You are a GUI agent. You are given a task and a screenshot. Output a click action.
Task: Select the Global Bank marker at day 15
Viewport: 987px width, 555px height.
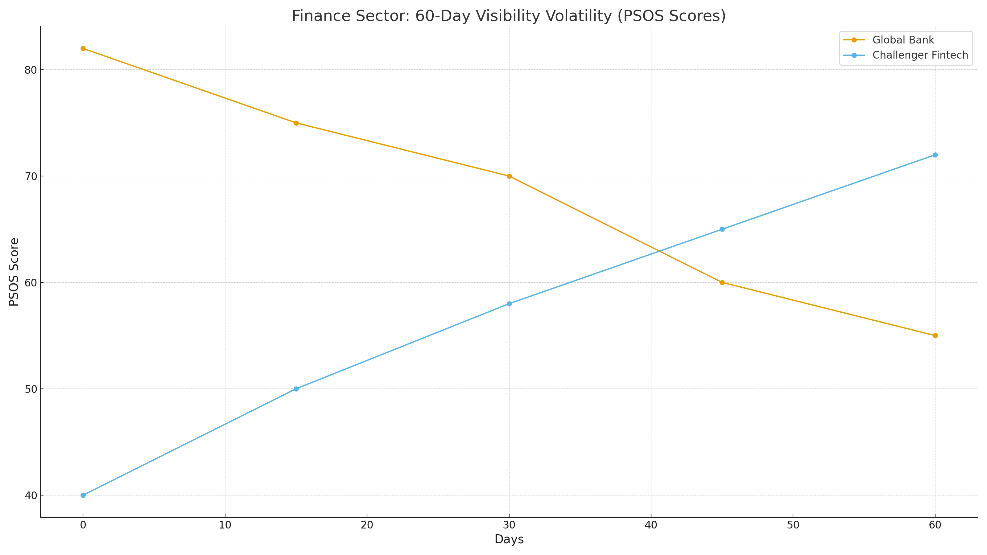pos(296,123)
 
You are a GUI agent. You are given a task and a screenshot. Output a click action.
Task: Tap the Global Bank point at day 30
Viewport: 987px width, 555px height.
pos(509,176)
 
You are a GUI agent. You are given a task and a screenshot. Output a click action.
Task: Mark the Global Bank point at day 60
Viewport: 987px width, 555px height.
pos(935,335)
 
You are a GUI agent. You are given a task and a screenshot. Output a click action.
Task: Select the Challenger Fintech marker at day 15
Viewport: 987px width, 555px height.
pos(296,389)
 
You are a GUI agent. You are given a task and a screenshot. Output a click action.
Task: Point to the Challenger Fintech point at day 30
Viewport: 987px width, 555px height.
pos(509,304)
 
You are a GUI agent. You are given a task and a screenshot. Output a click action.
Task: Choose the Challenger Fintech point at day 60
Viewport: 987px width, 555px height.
pos(935,155)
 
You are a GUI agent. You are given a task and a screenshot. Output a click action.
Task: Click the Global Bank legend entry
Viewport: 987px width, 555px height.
pos(903,40)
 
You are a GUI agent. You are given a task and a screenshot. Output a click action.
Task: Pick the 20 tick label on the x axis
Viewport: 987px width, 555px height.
pos(367,525)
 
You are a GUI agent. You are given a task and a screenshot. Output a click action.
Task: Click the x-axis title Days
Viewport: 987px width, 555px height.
pos(509,540)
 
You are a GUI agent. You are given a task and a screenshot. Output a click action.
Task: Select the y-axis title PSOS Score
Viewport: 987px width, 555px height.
pos(14,272)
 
